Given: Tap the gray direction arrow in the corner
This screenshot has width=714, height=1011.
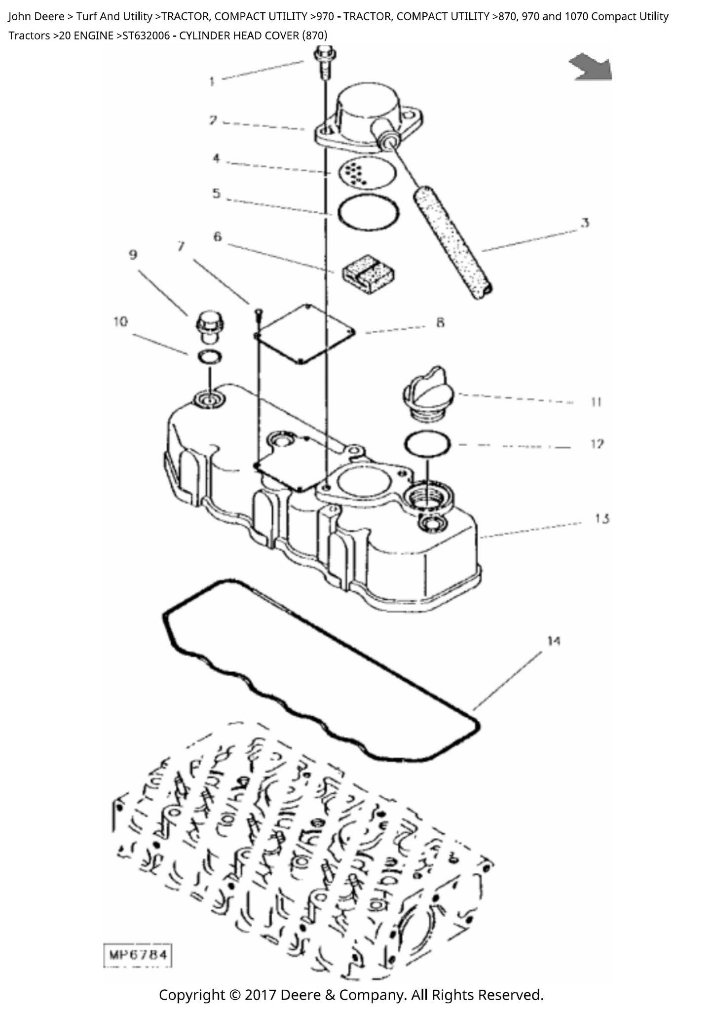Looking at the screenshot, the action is coord(592,67).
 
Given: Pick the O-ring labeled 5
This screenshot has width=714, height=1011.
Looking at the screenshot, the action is coord(369,213).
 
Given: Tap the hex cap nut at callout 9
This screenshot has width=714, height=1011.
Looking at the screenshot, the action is coord(210,326).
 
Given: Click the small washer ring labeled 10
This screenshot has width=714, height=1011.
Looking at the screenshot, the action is coord(209,356).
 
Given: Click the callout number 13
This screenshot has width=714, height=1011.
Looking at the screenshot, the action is coord(602,518).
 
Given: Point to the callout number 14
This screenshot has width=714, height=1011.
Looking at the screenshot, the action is coord(553,641).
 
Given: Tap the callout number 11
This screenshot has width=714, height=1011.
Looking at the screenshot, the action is coord(597,402).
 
